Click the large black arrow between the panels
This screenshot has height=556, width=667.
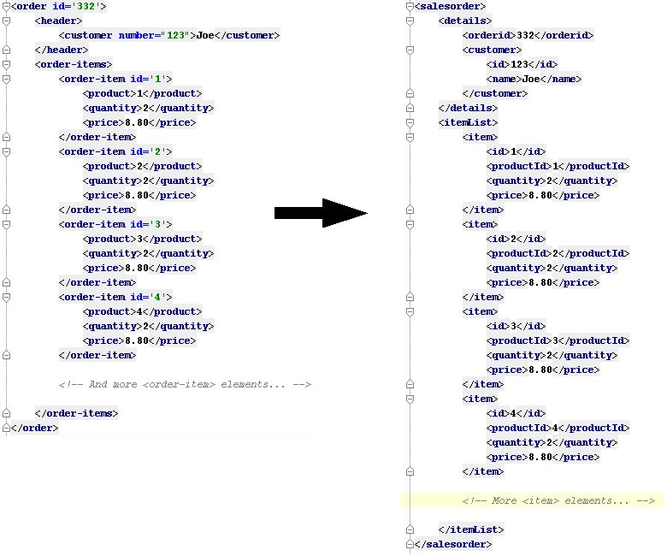[321, 213]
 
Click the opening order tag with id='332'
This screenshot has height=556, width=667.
[58, 6]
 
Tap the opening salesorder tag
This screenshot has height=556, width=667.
[445, 6]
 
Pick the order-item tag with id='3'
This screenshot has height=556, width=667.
[115, 224]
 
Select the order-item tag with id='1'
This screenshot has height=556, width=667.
[115, 79]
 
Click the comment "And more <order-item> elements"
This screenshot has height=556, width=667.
[185, 384]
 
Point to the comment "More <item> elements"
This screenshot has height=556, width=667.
[558, 500]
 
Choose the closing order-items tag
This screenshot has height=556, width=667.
[77, 413]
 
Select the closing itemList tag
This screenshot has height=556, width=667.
[471, 529]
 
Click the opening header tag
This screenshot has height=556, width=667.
[59, 21]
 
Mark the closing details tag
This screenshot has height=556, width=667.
[468, 108]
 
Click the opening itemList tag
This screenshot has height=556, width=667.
[468, 122]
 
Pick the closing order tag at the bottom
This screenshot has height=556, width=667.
[35, 428]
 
